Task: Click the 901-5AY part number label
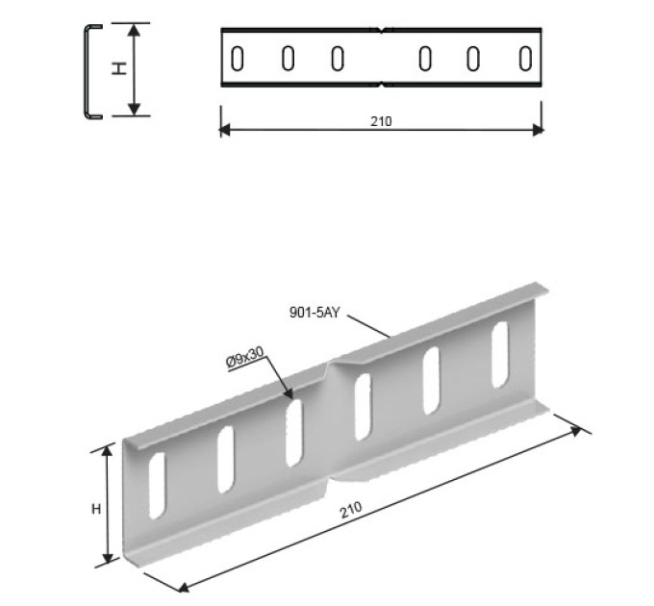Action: (x=314, y=313)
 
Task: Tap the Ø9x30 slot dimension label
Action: (x=245, y=358)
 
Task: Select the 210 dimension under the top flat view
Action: (x=381, y=121)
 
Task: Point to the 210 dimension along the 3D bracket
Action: (x=351, y=510)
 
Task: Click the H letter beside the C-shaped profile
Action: (x=119, y=68)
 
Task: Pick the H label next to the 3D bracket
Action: (x=96, y=509)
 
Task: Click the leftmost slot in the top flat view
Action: (x=238, y=59)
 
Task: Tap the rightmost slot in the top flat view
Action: (x=525, y=59)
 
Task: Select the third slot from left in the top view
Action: (x=338, y=59)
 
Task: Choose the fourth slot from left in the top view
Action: (x=425, y=59)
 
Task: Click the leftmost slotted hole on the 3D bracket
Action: (x=157, y=486)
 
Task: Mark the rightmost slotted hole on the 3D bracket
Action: (x=500, y=355)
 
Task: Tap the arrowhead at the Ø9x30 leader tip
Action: (x=289, y=393)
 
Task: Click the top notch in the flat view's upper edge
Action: (x=382, y=30)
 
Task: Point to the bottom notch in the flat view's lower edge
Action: (x=382, y=85)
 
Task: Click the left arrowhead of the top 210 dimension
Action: (x=224, y=130)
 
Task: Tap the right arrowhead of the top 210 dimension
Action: (x=539, y=130)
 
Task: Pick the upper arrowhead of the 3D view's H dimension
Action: (x=108, y=450)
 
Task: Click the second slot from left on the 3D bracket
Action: (x=226, y=460)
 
